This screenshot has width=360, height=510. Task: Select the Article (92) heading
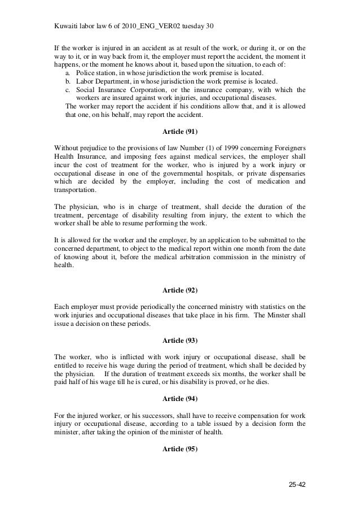[180, 290]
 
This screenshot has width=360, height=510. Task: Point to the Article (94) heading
[180, 398]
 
